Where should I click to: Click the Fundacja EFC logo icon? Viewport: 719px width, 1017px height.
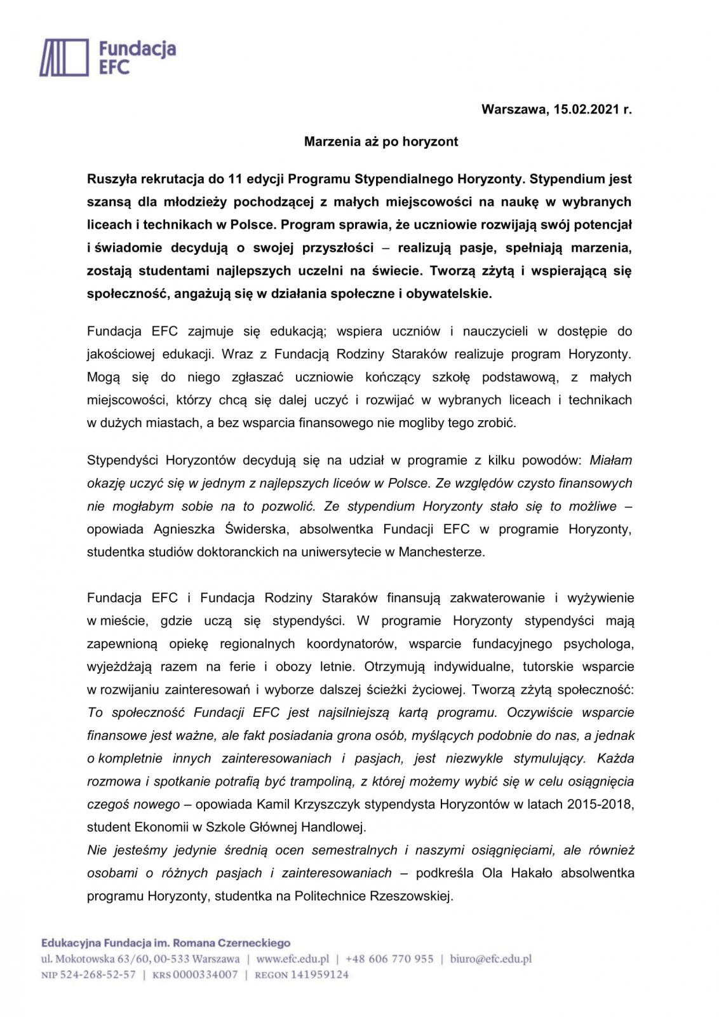click(64, 57)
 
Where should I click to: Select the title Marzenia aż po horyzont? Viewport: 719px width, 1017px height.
click(380, 141)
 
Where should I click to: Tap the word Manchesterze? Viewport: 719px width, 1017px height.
click(441, 552)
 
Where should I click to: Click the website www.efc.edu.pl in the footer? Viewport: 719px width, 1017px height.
click(293, 959)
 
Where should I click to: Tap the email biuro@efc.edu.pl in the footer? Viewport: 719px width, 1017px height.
click(490, 959)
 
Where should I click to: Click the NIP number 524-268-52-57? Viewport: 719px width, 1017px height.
click(98, 974)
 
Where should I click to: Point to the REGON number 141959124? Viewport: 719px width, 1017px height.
click(319, 974)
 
